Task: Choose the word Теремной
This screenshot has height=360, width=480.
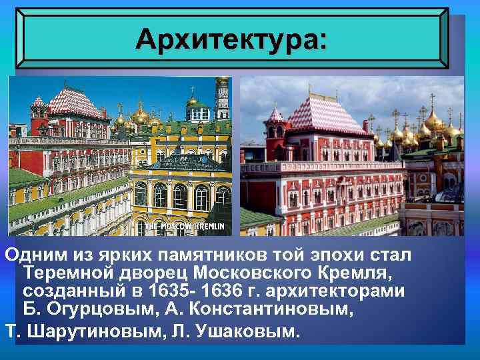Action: pos(71,275)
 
